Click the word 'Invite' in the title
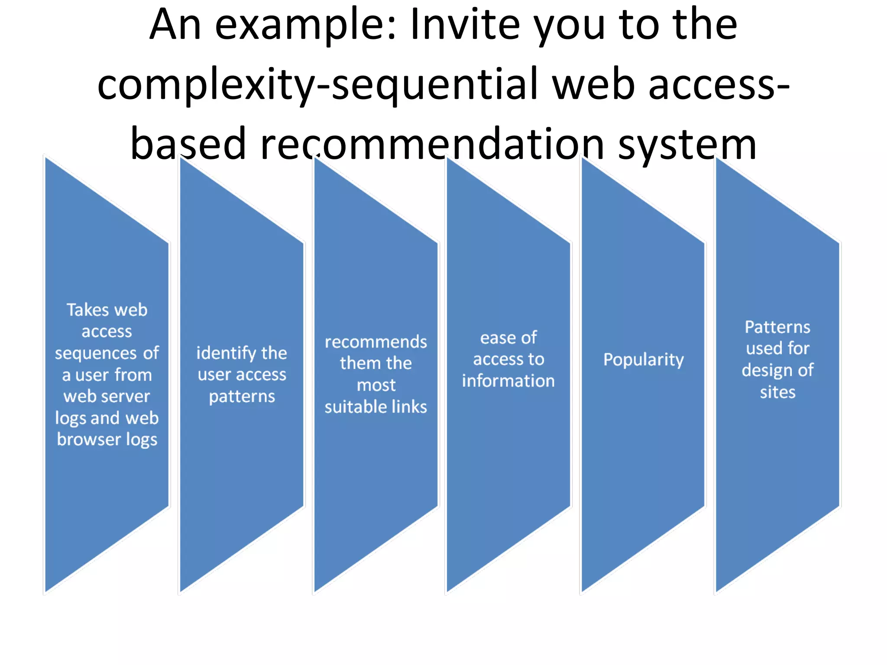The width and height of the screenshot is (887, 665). (x=465, y=25)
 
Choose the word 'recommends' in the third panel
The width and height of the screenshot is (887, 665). (x=376, y=342)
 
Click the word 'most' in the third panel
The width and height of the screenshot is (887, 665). (x=376, y=385)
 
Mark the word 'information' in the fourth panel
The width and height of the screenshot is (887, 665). (x=508, y=381)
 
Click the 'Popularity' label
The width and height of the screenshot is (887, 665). (x=643, y=360)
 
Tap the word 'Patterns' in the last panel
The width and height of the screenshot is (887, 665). (x=777, y=327)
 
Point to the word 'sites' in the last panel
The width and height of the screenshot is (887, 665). (x=777, y=392)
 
